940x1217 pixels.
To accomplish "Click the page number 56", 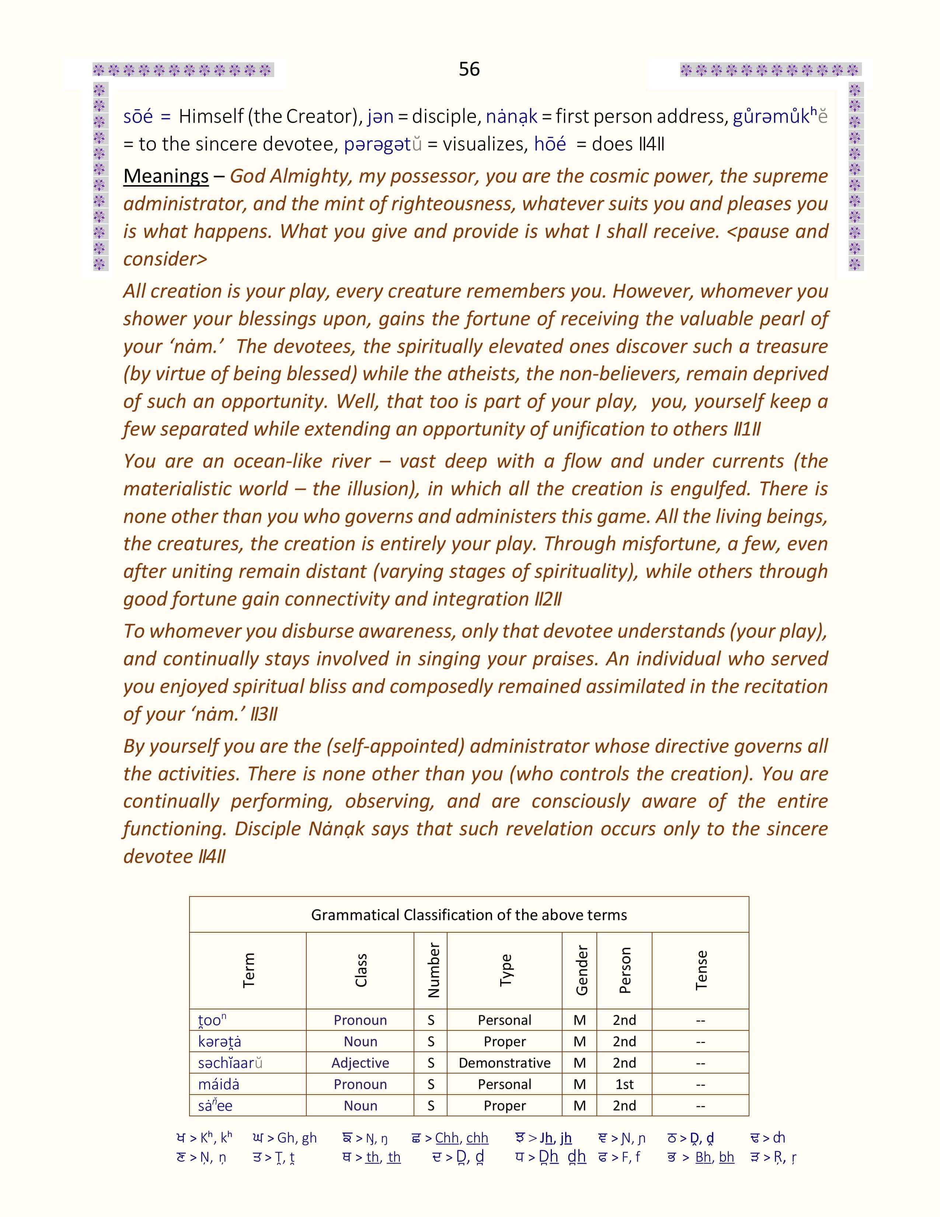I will click(x=469, y=69).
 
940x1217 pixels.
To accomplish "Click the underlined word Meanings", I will click(x=166, y=176).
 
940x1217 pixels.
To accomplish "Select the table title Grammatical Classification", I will click(x=469, y=915).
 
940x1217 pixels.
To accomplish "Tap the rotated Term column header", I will click(x=248, y=970).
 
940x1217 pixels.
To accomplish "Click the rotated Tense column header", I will click(x=701, y=970).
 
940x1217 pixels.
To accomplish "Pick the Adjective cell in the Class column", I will click(x=360, y=1062).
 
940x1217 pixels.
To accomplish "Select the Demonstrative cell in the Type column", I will click(x=505, y=1062).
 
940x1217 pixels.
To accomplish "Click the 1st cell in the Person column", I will click(x=624, y=1084).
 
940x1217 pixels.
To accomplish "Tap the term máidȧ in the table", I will click(x=219, y=1084).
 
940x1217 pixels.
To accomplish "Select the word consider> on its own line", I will click(x=165, y=259).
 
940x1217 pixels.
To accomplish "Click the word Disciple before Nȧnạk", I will click(x=268, y=829).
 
